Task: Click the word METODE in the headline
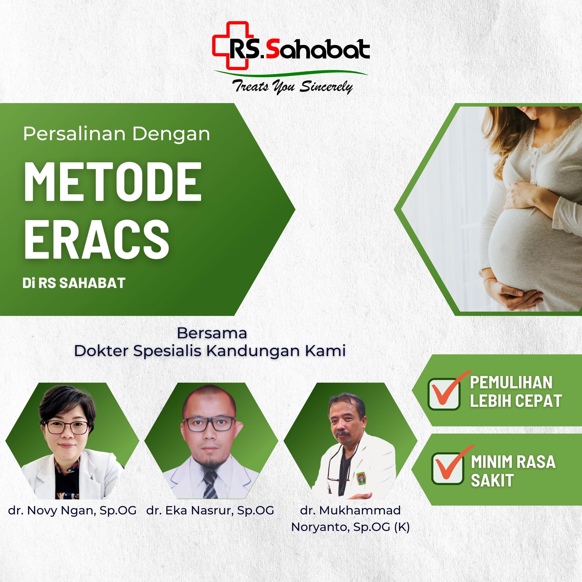[x=112, y=181]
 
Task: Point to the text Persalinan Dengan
[x=117, y=134]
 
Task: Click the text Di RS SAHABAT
[x=74, y=283]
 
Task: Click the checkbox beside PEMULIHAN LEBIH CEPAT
[x=444, y=394]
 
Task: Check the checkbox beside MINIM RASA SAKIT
[x=447, y=468]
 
